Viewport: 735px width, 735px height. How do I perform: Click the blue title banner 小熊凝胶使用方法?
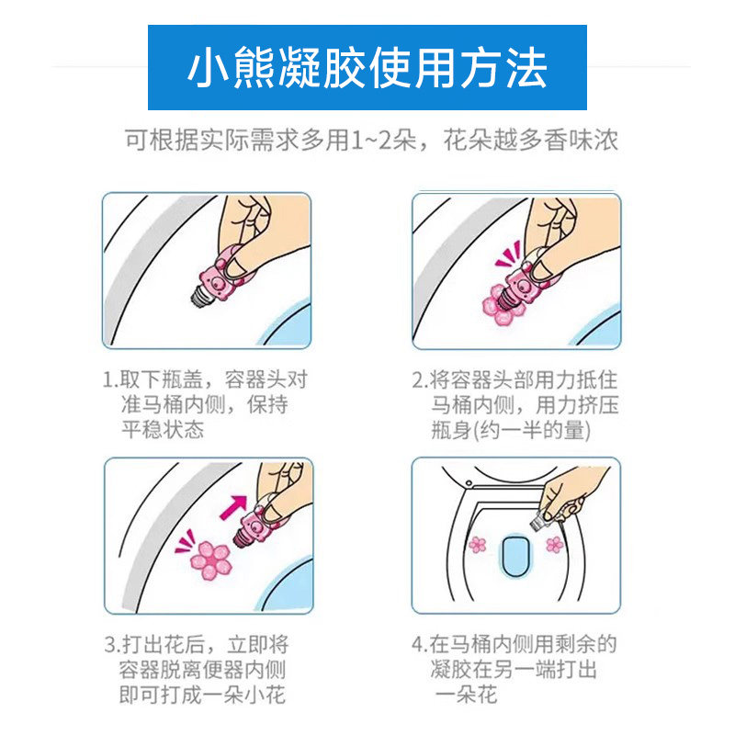coord(367,69)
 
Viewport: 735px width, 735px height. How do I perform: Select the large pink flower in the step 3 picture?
coord(209,560)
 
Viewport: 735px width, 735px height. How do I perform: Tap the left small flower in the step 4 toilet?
coord(477,545)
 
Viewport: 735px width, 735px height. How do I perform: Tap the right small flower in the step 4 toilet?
coord(554,545)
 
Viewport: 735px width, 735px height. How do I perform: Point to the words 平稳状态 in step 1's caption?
coord(163,431)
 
